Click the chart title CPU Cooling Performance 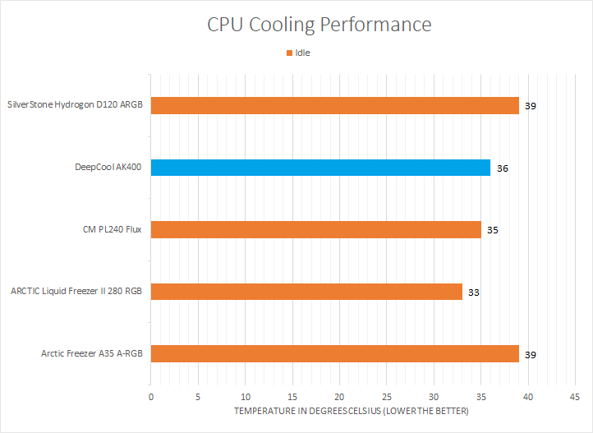[x=319, y=25]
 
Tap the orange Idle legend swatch [x=289, y=53]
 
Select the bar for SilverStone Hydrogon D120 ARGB [x=334, y=105]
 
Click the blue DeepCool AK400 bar [x=320, y=168]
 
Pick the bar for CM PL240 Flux [x=315, y=229]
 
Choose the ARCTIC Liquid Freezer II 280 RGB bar [x=306, y=291]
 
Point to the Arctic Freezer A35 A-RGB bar [x=334, y=353]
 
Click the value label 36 [x=502, y=168]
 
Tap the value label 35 [x=493, y=230]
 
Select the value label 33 [x=474, y=292]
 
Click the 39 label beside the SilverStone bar [x=531, y=106]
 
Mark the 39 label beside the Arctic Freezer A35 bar [x=531, y=354]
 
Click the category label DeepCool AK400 [x=108, y=168]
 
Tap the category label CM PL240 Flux [x=113, y=229]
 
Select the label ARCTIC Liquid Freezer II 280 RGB [x=76, y=291]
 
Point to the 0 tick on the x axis [x=151, y=397]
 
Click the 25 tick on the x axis [x=387, y=397]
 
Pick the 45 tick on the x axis [x=575, y=397]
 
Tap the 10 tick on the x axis [x=245, y=397]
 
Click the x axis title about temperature [x=351, y=411]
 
